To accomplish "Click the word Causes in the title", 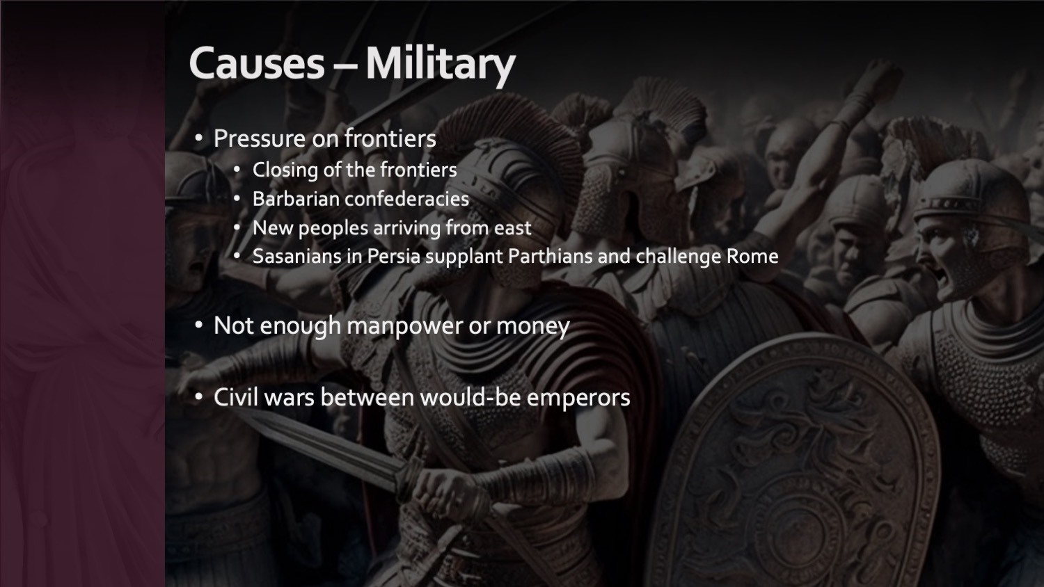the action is (x=257, y=63).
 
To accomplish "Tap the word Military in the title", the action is (x=441, y=65).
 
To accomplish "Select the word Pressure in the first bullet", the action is (x=260, y=138).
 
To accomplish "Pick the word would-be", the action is (x=470, y=397).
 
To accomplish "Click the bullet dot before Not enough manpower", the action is (x=198, y=325).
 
